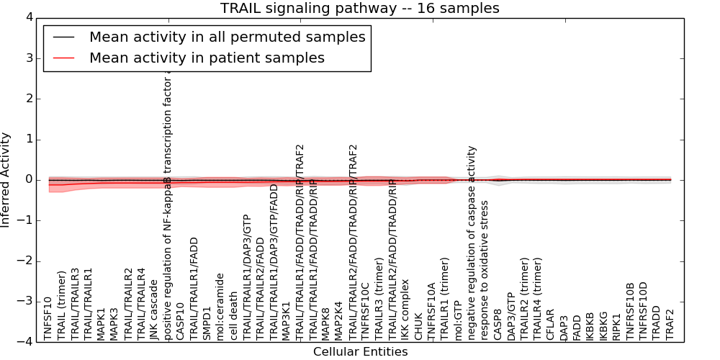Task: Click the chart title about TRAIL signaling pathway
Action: click(x=359, y=8)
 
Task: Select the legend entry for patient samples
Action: click(x=207, y=58)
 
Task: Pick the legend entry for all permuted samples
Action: click(x=227, y=37)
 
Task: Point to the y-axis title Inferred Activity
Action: click(x=6, y=179)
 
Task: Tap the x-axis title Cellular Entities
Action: click(x=360, y=352)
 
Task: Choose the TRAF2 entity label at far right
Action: click(x=671, y=324)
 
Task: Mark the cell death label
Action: click(x=233, y=317)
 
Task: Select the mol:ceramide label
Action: click(x=220, y=307)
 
